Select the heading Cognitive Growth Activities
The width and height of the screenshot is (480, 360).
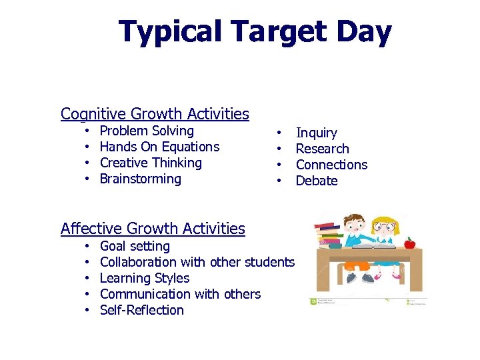[x=155, y=114]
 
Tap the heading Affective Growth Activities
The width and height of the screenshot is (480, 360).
[x=153, y=229]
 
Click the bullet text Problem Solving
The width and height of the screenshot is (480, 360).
[x=147, y=131]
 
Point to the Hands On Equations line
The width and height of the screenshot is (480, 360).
[x=159, y=147]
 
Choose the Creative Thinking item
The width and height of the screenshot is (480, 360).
[x=151, y=163]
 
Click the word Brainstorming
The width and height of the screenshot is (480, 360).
[x=140, y=179]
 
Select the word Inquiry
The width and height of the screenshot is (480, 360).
[x=316, y=133]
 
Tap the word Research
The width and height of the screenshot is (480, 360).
[x=322, y=149]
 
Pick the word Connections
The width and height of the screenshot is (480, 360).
[x=331, y=165]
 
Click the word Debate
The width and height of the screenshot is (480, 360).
[x=317, y=181]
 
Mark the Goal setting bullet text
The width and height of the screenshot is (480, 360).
[x=135, y=247]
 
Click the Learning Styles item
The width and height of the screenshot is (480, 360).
[x=145, y=278]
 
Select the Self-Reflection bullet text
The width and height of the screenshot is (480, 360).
[x=141, y=310]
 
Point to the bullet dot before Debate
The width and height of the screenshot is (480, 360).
[x=280, y=181]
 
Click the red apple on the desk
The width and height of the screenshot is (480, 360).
[x=409, y=243]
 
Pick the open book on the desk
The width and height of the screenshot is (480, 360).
[x=370, y=246]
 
